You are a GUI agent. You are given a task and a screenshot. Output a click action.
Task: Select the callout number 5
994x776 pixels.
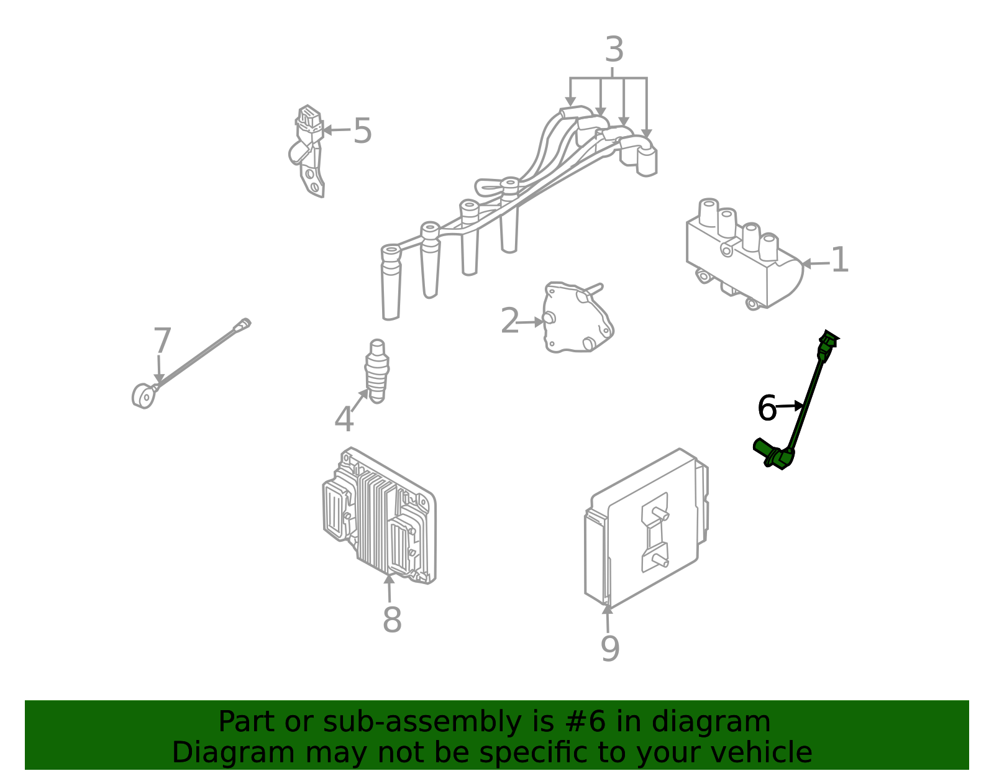pyautogui.click(x=363, y=130)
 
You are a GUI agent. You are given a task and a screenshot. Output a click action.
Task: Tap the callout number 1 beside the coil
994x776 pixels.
pyautogui.click(x=839, y=260)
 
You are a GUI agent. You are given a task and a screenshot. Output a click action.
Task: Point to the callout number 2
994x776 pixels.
pyautogui.click(x=510, y=320)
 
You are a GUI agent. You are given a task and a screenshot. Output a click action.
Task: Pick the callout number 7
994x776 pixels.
pyautogui.click(x=162, y=340)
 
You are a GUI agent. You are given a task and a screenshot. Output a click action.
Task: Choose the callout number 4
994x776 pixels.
pyautogui.click(x=344, y=419)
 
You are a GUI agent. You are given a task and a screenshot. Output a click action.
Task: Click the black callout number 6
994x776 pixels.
pyautogui.click(x=767, y=408)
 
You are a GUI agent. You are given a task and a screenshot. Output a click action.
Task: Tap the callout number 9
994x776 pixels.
pyautogui.click(x=610, y=649)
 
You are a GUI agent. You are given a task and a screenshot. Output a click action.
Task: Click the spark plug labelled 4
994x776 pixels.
pyautogui.click(x=377, y=371)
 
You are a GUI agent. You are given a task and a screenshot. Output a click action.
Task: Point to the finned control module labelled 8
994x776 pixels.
pyautogui.click(x=379, y=515)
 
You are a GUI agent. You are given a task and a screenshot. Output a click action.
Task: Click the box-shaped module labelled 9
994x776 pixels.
pyautogui.click(x=646, y=529)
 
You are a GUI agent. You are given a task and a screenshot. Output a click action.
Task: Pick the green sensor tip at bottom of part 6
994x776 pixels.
pyautogui.click(x=773, y=454)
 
